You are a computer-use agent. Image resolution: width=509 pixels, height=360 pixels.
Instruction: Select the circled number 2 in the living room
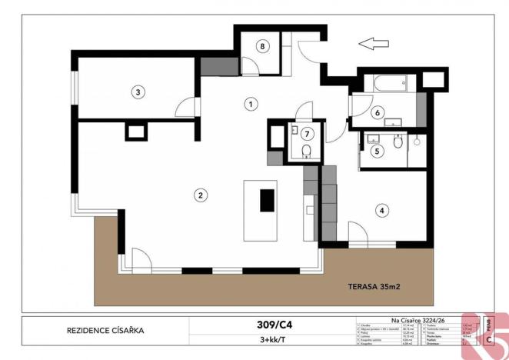200,195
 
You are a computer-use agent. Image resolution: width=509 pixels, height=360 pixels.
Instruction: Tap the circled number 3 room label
138,92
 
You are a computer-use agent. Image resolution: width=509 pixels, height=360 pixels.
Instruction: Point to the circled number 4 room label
380,209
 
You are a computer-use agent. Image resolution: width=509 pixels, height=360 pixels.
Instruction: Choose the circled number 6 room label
378,112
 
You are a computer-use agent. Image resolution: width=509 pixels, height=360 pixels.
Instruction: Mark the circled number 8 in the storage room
263,46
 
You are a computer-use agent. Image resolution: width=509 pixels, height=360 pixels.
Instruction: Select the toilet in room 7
305,149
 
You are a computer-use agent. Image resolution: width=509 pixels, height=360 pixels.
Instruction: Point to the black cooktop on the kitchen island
267,200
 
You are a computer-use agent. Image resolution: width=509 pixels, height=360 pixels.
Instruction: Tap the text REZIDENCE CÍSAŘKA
105,332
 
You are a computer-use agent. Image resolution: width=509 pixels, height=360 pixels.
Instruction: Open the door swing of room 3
185,108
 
